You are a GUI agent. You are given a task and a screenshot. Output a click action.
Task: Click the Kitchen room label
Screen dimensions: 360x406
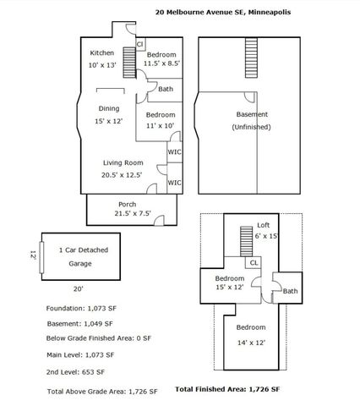pyautogui.click(x=102, y=52)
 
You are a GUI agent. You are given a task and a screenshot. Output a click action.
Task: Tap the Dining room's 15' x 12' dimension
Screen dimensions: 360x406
pyautogui.click(x=109, y=121)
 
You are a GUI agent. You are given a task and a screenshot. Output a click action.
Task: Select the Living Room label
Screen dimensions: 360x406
pyautogui.click(x=123, y=162)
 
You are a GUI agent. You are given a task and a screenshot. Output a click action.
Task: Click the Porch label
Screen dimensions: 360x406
pyautogui.click(x=128, y=204)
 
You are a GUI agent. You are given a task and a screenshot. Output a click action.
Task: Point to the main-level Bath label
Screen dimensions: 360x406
pyautogui.click(x=166, y=89)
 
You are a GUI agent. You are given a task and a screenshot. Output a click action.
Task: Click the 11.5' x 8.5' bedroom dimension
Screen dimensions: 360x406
pyautogui.click(x=161, y=63)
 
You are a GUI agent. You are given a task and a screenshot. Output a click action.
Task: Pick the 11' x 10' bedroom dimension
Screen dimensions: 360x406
pyautogui.click(x=160, y=125)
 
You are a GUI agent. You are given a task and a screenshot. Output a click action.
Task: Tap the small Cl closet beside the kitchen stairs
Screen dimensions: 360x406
pyautogui.click(x=140, y=44)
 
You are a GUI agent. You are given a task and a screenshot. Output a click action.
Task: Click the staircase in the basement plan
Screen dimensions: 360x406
pyautogui.click(x=251, y=58)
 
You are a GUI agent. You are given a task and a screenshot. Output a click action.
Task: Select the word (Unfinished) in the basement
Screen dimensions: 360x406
pyautogui.click(x=252, y=127)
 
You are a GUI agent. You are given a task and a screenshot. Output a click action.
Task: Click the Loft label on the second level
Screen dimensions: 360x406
pyautogui.click(x=264, y=225)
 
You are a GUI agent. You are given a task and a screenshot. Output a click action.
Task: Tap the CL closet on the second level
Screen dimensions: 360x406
pyautogui.click(x=254, y=262)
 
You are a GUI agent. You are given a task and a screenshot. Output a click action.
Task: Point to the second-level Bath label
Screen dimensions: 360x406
pyautogui.click(x=290, y=291)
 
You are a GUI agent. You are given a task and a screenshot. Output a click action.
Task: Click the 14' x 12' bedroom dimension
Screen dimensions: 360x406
pyautogui.click(x=251, y=343)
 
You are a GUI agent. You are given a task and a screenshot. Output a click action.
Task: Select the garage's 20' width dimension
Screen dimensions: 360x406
pyautogui.click(x=79, y=289)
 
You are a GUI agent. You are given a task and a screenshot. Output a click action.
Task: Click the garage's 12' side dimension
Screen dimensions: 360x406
pyautogui.click(x=33, y=255)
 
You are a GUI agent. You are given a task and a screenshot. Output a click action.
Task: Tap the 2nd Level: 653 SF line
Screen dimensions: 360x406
pyautogui.click(x=75, y=372)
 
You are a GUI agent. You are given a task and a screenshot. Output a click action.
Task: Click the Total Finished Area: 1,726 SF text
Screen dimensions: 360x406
pyautogui.click(x=227, y=389)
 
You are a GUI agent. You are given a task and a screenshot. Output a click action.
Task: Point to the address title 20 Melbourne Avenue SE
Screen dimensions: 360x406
pyautogui.click(x=200, y=12)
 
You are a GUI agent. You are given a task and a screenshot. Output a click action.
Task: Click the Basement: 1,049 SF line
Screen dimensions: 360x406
pyautogui.click(x=80, y=324)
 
